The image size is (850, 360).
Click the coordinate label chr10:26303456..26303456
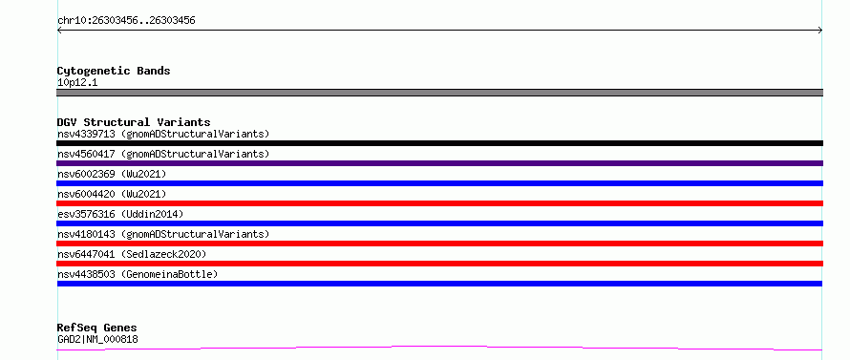tap(126, 21)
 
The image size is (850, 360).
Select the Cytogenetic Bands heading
tap(114, 71)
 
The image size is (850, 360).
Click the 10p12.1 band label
tap(77, 83)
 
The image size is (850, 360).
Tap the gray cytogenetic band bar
tap(439, 93)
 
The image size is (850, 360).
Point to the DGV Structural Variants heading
tap(134, 122)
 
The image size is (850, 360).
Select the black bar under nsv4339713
tap(439, 143)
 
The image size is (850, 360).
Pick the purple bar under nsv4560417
tap(439, 163)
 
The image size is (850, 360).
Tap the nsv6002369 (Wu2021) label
tap(112, 174)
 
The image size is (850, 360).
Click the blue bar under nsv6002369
tap(439, 183)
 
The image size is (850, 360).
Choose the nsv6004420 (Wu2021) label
tap(112, 194)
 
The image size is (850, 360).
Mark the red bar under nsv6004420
tap(439, 203)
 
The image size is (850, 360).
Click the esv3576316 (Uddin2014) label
tap(120, 214)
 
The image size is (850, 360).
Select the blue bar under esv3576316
tap(439, 223)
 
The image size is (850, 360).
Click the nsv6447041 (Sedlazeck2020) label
tap(132, 254)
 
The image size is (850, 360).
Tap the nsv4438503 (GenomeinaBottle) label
tap(138, 274)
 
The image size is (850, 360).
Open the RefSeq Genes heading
tap(97, 328)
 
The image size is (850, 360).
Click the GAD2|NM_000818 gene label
tap(97, 340)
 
